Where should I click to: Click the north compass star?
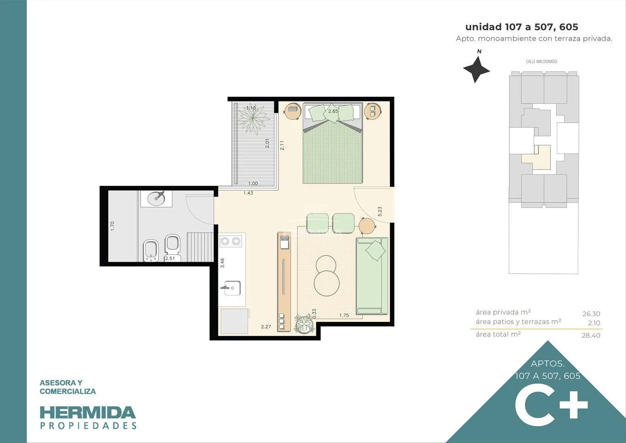(x=476, y=70)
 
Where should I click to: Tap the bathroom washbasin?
(x=156, y=199)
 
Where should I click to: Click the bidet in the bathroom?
(x=150, y=251)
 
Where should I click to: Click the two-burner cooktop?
(x=231, y=241)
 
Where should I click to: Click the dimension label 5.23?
(x=380, y=212)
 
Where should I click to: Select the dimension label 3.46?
(x=222, y=263)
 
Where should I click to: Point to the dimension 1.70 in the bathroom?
(x=112, y=226)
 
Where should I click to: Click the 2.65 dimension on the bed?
(x=333, y=111)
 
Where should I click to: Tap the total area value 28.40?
(x=591, y=335)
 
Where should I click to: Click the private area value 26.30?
(x=591, y=314)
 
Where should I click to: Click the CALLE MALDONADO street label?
(x=541, y=62)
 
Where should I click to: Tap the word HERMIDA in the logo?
(x=88, y=413)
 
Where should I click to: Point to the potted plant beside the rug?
(x=304, y=324)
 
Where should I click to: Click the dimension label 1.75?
(x=344, y=315)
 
